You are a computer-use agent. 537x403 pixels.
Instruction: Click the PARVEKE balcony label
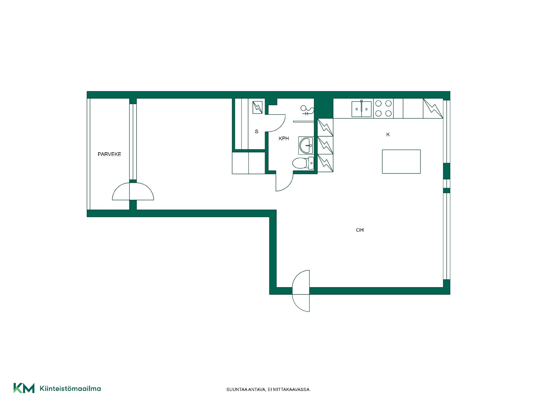click(x=109, y=154)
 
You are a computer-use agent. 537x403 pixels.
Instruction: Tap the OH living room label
click(x=360, y=230)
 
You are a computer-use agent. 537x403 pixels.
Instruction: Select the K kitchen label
click(x=388, y=135)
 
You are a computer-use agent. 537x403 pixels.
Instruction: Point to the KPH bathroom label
click(x=284, y=139)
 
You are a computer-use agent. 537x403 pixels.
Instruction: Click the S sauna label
click(x=256, y=132)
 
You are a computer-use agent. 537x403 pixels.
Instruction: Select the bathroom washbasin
click(x=306, y=146)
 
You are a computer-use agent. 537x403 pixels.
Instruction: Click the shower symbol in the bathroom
click(x=307, y=110)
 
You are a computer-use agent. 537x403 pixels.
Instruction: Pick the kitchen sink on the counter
click(x=361, y=109)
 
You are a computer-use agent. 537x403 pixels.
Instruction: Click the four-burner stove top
click(x=383, y=108)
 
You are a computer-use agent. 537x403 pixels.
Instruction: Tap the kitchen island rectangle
click(x=401, y=161)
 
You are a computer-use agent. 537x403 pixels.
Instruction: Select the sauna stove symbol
click(x=258, y=107)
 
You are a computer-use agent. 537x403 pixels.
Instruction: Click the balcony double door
click(x=133, y=191)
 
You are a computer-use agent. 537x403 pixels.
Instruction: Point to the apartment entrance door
click(x=301, y=291)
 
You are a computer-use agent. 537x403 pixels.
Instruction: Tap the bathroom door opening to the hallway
click(x=284, y=182)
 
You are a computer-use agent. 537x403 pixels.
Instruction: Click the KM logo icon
click(x=24, y=388)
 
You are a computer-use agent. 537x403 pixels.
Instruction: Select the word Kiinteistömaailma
click(x=70, y=388)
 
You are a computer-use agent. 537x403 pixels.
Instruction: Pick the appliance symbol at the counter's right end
click(x=433, y=108)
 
